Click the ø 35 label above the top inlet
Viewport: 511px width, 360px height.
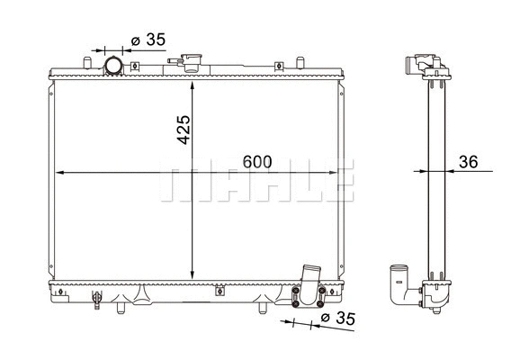tap(147, 40)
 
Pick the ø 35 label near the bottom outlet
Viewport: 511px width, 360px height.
tap(338, 319)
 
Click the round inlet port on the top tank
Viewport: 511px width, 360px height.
tap(114, 66)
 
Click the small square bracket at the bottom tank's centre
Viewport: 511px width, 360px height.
tap(219, 290)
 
